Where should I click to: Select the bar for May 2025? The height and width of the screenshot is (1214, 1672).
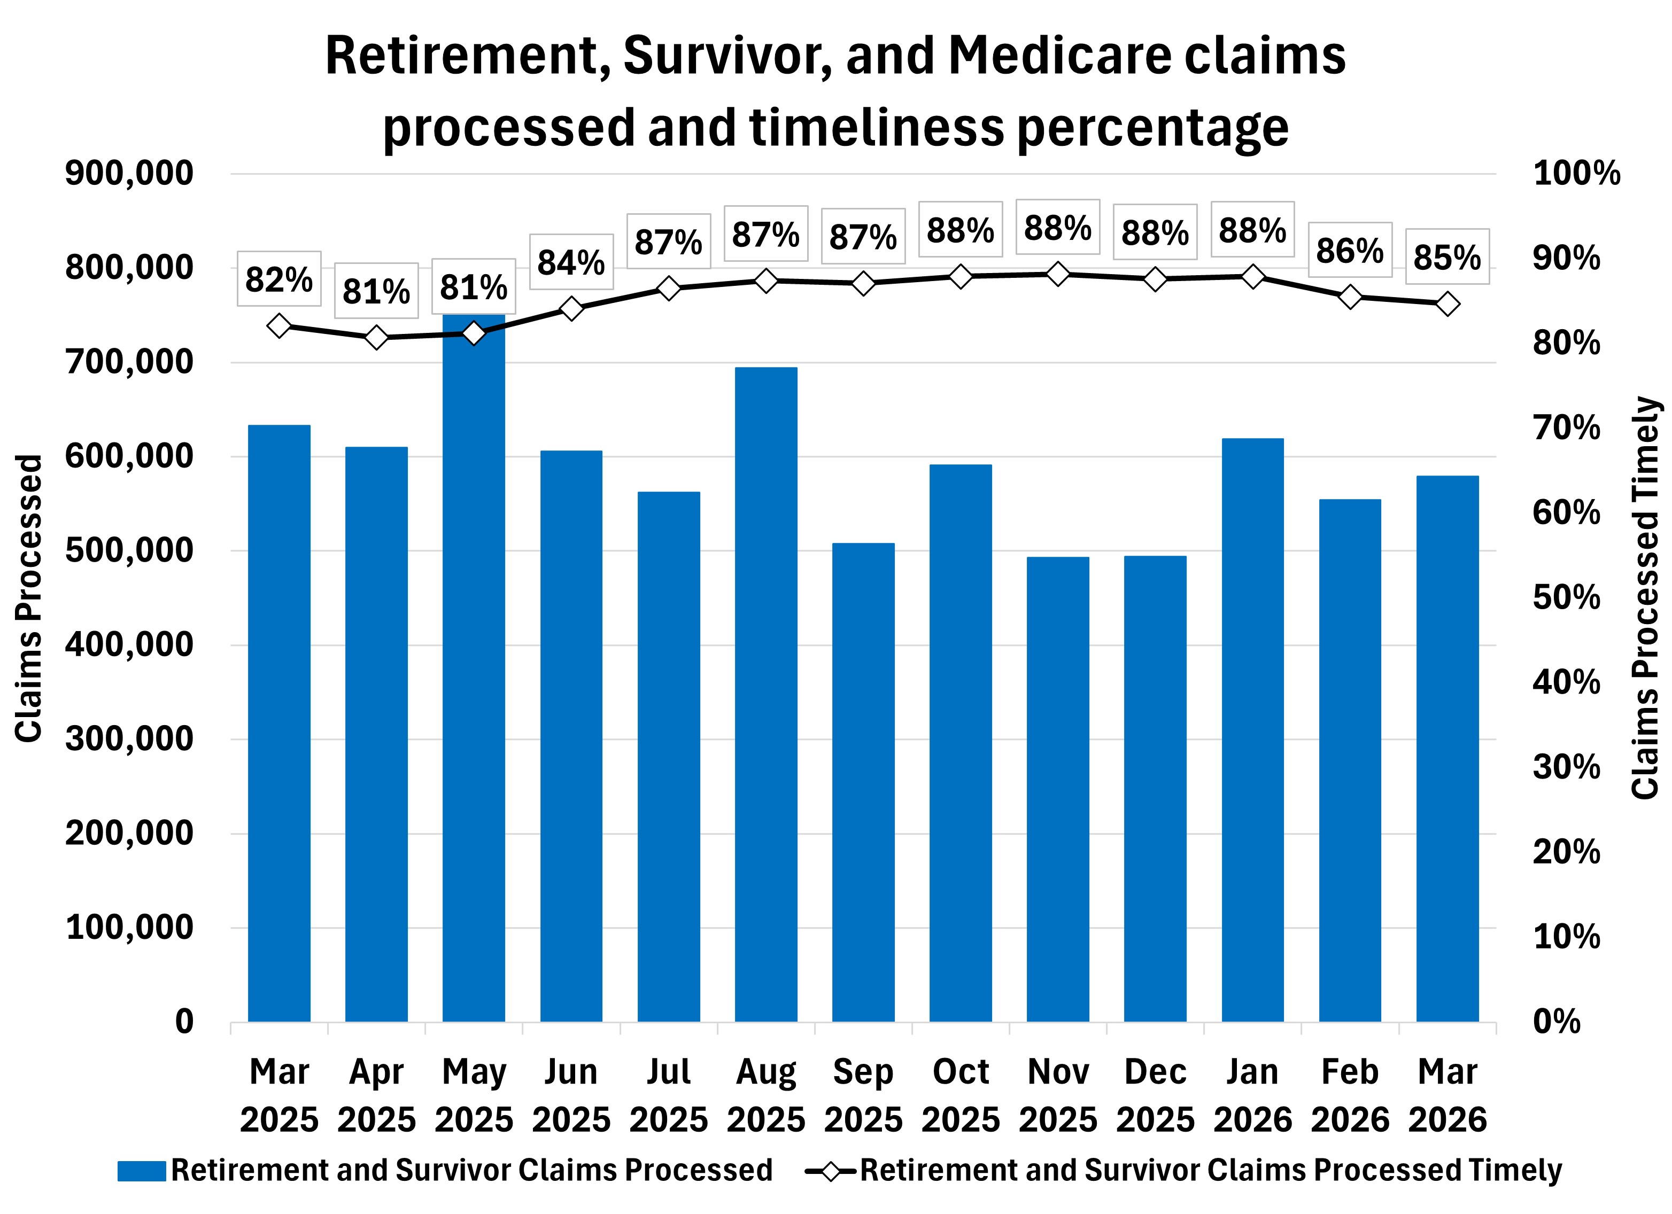point(473,667)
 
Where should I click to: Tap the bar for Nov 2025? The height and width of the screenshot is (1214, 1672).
point(1058,789)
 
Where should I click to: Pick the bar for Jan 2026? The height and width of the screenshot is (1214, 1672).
point(1252,730)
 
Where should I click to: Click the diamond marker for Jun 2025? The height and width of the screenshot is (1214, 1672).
point(571,309)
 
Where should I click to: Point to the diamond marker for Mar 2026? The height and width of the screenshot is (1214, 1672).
point(1447,303)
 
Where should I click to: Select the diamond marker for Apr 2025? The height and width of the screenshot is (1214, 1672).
point(376,338)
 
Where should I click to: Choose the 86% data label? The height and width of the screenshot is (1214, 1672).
point(1350,251)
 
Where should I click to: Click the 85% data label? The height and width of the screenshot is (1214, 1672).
point(1446,257)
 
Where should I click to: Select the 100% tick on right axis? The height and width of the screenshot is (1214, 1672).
point(1576,174)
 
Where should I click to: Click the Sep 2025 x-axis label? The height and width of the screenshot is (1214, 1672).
point(863,1095)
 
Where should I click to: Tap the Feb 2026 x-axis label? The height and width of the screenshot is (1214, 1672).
point(1350,1095)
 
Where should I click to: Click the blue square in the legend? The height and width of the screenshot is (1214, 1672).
point(142,1171)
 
